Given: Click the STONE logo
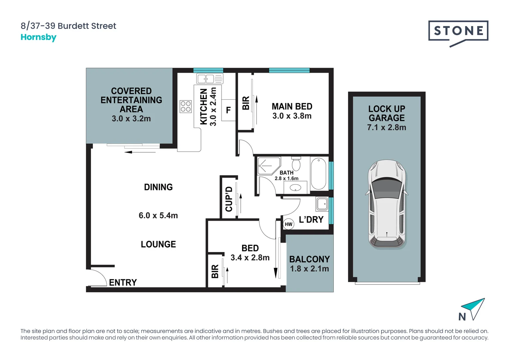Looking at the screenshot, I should pyautogui.click(x=458, y=32).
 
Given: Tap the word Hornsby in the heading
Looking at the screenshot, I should pyautogui.click(x=38, y=37).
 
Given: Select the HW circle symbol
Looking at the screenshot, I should pyautogui.click(x=288, y=224).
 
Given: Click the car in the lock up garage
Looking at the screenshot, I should pyautogui.click(x=387, y=204).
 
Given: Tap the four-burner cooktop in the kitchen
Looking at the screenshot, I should pyautogui.click(x=186, y=106).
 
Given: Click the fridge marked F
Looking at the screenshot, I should pyautogui.click(x=229, y=110).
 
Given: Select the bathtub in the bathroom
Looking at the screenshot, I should pyautogui.click(x=318, y=174).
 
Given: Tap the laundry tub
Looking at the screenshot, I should pyautogui.click(x=322, y=204).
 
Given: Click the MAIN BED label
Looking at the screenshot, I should pyautogui.click(x=292, y=107).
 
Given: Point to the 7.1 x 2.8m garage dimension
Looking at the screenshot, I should pyautogui.click(x=386, y=127).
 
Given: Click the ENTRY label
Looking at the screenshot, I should pyautogui.click(x=123, y=283).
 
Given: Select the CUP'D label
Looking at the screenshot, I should pyautogui.click(x=229, y=199).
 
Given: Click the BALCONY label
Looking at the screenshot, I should pyautogui.click(x=309, y=259).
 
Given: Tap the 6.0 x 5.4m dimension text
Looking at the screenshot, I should pyautogui.click(x=158, y=216).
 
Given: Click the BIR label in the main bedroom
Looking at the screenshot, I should pyautogui.click(x=246, y=103).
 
